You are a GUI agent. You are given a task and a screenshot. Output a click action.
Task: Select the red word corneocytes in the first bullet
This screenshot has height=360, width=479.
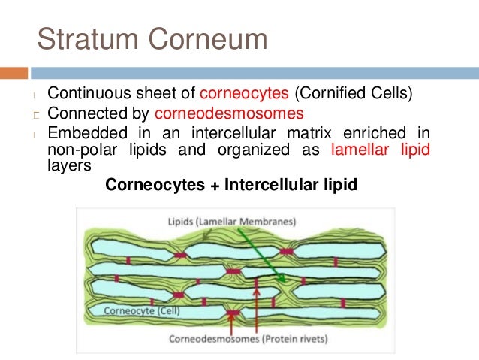[x=245, y=94]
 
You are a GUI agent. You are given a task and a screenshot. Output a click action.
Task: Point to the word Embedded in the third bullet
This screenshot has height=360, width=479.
[x=79, y=134]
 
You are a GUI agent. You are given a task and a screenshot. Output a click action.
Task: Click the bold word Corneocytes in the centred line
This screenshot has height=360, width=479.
[x=150, y=183]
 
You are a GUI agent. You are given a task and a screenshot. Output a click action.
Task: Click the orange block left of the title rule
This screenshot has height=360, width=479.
[x=14, y=74]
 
